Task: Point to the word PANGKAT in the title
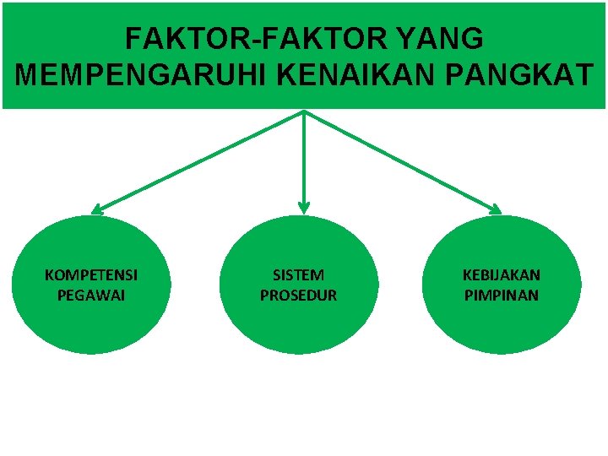click(x=514, y=75)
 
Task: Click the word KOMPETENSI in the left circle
click(x=91, y=275)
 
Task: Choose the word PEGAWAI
click(x=91, y=296)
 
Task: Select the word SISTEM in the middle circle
click(x=298, y=275)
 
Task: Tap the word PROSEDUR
click(x=298, y=296)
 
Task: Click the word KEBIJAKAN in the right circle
click(x=502, y=275)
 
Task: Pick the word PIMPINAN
click(x=502, y=296)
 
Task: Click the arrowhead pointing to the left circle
click(x=97, y=208)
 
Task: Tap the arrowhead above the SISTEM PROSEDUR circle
click(x=304, y=207)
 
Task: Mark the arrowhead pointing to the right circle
click(x=496, y=209)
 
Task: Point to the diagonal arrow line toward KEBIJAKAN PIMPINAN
click(x=401, y=160)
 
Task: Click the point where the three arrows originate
click(x=304, y=111)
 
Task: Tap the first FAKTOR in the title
click(x=176, y=39)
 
